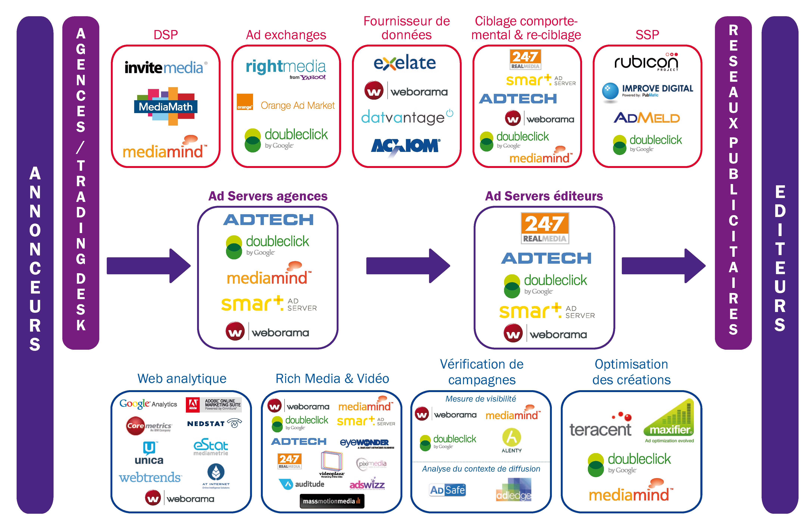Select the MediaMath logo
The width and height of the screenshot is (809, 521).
point(166,106)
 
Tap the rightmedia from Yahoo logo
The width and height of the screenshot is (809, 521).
point(286,68)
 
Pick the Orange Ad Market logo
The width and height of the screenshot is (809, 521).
point(286,105)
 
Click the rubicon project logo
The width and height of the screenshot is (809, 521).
point(646,62)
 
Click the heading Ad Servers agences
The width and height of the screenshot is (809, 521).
point(268,196)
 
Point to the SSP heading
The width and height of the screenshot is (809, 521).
point(647,35)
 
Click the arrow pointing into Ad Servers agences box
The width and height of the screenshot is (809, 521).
point(148,266)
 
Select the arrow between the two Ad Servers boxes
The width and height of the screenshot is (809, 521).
point(408,266)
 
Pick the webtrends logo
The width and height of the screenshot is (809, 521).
point(150,477)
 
